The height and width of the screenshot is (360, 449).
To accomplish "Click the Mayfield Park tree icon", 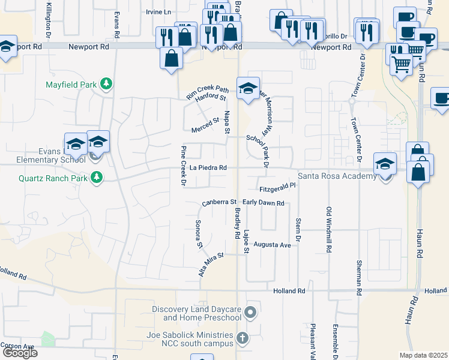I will point(106,84).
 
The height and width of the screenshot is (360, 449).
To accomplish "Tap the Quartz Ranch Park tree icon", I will point(95,177).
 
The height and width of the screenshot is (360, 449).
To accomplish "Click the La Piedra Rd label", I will point(208,168).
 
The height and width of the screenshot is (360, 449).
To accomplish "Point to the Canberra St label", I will point(220,203).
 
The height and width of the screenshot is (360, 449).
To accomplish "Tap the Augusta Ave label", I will point(272,245).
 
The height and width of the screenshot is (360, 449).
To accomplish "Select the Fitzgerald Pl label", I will point(278,187).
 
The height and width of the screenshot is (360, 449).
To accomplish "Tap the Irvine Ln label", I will point(158,12).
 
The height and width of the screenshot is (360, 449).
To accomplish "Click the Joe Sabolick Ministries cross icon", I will point(242,338).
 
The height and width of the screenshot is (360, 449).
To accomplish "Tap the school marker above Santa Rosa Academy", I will point(385,164).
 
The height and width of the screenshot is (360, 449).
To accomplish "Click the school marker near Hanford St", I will point(248,89).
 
